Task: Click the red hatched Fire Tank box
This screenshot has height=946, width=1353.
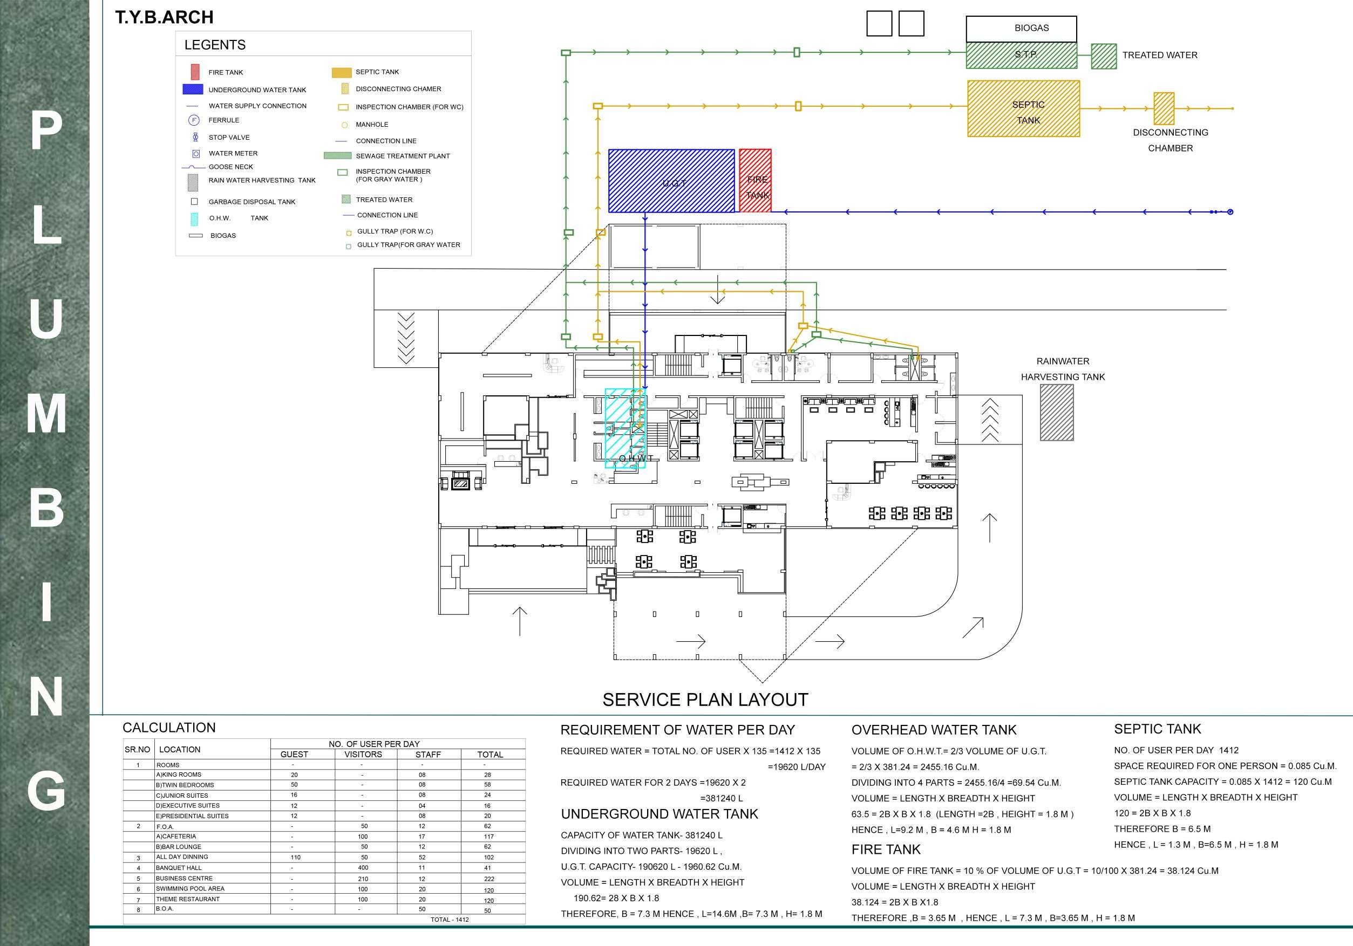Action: (755, 180)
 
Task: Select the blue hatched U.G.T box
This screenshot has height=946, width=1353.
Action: (671, 180)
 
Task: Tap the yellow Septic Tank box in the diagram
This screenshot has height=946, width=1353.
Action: (1024, 109)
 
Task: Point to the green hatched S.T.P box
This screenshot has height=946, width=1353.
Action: (1021, 56)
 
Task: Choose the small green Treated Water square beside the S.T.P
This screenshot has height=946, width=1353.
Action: (1104, 57)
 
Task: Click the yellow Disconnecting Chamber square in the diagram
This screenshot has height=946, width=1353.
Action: (1164, 108)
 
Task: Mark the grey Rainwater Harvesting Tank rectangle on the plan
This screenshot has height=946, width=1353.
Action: (1057, 413)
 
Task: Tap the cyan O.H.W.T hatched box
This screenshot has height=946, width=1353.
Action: (625, 428)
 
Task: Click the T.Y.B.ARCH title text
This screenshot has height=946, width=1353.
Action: (164, 18)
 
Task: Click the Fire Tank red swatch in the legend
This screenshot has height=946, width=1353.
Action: (195, 72)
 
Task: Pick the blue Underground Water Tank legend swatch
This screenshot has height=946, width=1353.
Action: (193, 90)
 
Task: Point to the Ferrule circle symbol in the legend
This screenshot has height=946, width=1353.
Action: (194, 120)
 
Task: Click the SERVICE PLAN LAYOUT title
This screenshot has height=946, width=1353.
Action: (705, 700)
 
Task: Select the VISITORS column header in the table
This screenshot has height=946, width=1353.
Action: (363, 755)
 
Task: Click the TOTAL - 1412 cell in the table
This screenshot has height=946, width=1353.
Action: (450, 920)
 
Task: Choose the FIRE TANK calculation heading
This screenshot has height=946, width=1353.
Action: (886, 849)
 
